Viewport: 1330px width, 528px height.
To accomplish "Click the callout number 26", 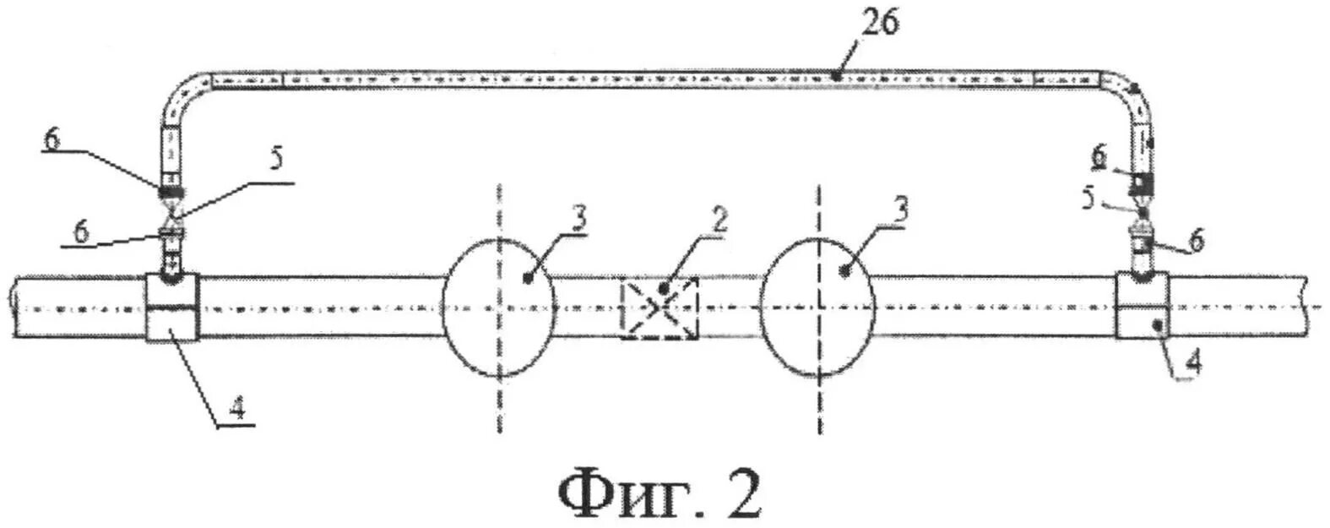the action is point(880,24).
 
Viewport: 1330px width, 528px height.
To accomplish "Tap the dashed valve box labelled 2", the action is point(660,309).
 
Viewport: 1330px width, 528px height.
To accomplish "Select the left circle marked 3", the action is point(499,308).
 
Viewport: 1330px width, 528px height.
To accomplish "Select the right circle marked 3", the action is point(817,308).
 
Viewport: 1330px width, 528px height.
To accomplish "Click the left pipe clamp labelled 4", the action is point(172,308).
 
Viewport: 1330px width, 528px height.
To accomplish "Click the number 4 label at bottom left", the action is point(237,411).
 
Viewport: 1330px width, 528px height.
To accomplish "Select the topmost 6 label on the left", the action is point(52,139).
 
